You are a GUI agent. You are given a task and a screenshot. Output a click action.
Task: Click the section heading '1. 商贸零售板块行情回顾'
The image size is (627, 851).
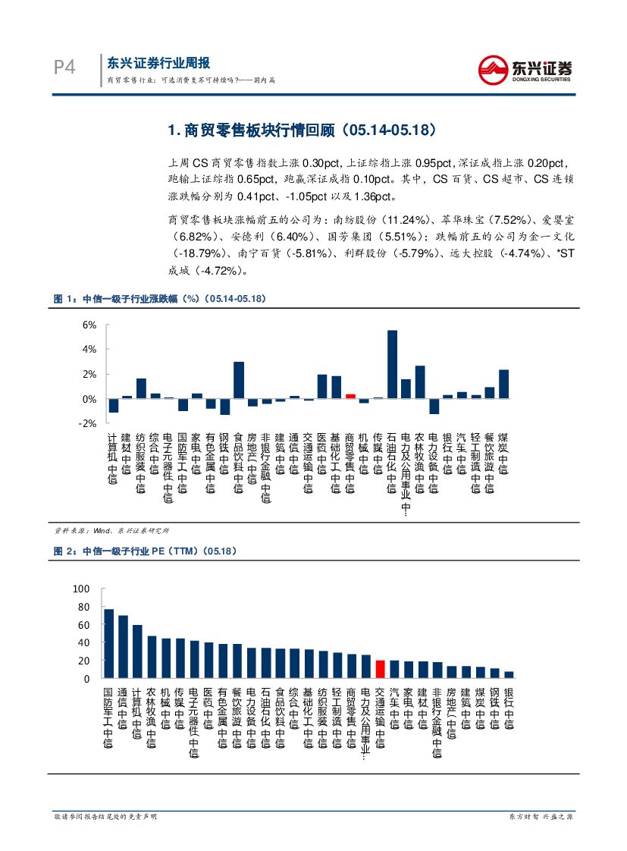[x=302, y=130]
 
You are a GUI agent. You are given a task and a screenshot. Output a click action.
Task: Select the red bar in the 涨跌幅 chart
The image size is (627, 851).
[x=350, y=396]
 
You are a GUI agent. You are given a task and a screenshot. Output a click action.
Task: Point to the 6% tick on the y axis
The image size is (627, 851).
[x=89, y=325]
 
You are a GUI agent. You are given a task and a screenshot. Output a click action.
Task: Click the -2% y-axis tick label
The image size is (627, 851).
[x=88, y=423]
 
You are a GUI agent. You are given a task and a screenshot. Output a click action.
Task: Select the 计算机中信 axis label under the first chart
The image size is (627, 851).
[x=113, y=458]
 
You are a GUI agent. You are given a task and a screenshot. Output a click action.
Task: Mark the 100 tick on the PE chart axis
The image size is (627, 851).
[x=82, y=589]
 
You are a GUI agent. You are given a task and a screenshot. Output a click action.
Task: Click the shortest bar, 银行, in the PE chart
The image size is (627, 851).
[x=509, y=674]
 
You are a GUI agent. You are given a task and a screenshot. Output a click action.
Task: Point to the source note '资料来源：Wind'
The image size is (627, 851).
[x=111, y=530]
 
